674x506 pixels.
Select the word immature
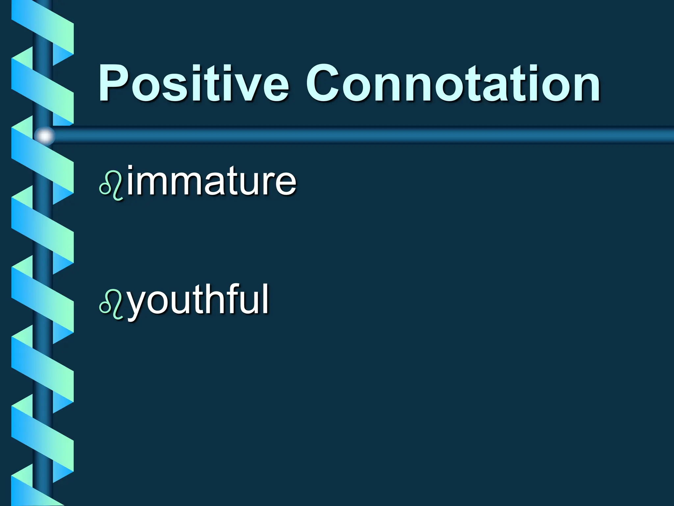click(x=212, y=181)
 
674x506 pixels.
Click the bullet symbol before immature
click(x=111, y=186)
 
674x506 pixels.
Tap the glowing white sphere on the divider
click(x=45, y=136)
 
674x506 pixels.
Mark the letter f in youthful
click(x=234, y=298)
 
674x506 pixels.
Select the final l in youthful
click(x=266, y=298)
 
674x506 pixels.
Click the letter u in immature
click(x=251, y=184)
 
